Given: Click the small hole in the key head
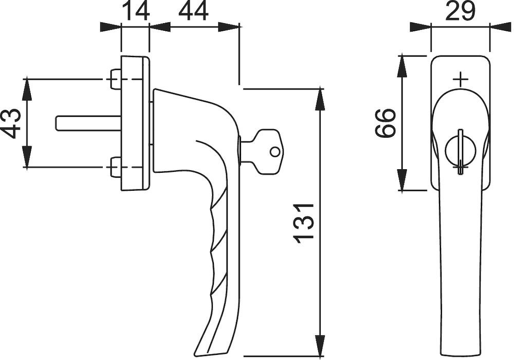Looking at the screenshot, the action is click(x=275, y=152).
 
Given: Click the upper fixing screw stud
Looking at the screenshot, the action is click(x=115, y=79).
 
